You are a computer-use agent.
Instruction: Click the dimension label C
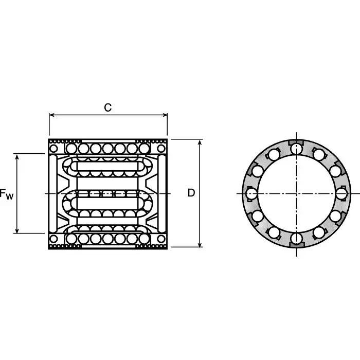click(x=108, y=107)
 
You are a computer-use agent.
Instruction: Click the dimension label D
click(x=191, y=193)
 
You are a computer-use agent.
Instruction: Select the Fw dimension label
click(x=7, y=194)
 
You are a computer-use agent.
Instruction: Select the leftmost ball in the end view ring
click(x=251, y=193)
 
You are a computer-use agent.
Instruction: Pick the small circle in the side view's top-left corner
click(x=54, y=149)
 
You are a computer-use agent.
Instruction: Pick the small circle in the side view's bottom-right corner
click(x=162, y=239)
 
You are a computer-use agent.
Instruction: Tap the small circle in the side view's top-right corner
click(x=162, y=149)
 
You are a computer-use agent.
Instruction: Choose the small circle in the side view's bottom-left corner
click(x=54, y=239)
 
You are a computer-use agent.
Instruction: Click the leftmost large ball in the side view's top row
click(x=71, y=149)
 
